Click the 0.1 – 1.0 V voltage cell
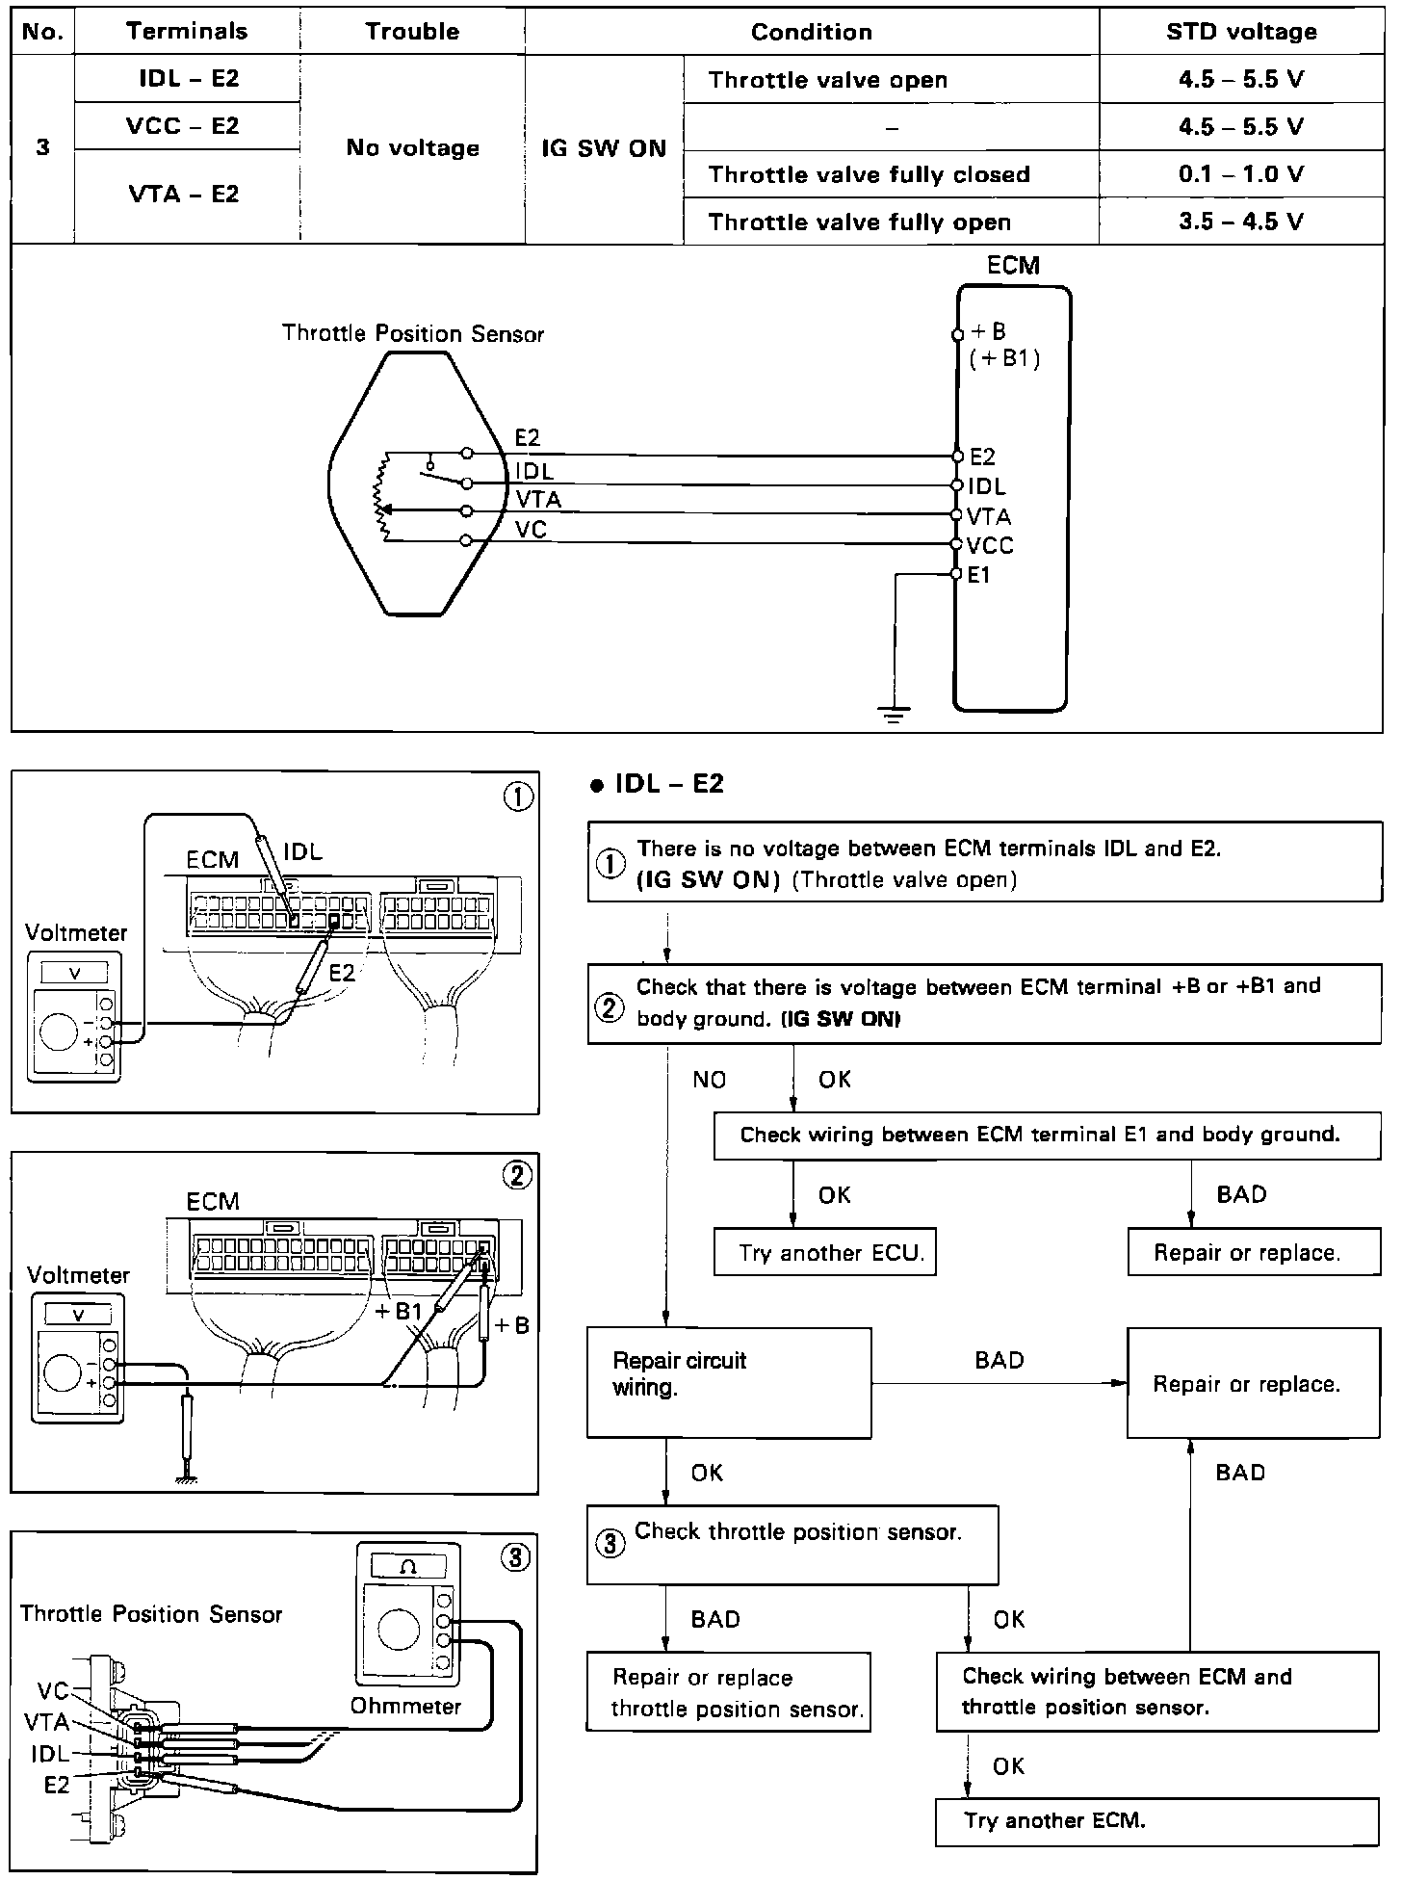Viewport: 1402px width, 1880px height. [1240, 174]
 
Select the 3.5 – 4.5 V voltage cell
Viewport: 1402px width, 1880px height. [1240, 222]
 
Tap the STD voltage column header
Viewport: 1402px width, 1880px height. [1240, 32]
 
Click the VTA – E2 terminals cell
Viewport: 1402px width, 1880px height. [184, 195]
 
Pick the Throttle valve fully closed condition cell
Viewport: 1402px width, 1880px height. [869, 174]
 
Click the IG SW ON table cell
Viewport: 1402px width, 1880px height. [604, 148]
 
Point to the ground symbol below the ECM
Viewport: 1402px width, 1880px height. [895, 715]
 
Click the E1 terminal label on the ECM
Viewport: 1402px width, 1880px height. [978, 575]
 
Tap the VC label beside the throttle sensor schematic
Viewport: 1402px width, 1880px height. [531, 529]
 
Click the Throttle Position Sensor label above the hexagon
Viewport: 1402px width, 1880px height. [412, 334]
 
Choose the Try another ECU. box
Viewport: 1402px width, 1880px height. [825, 1252]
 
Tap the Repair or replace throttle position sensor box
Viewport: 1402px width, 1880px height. [729, 1692]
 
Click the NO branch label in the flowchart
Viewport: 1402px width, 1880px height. [709, 1080]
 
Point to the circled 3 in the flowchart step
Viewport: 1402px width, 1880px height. [610, 1544]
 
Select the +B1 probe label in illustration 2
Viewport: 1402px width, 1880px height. [399, 1311]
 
